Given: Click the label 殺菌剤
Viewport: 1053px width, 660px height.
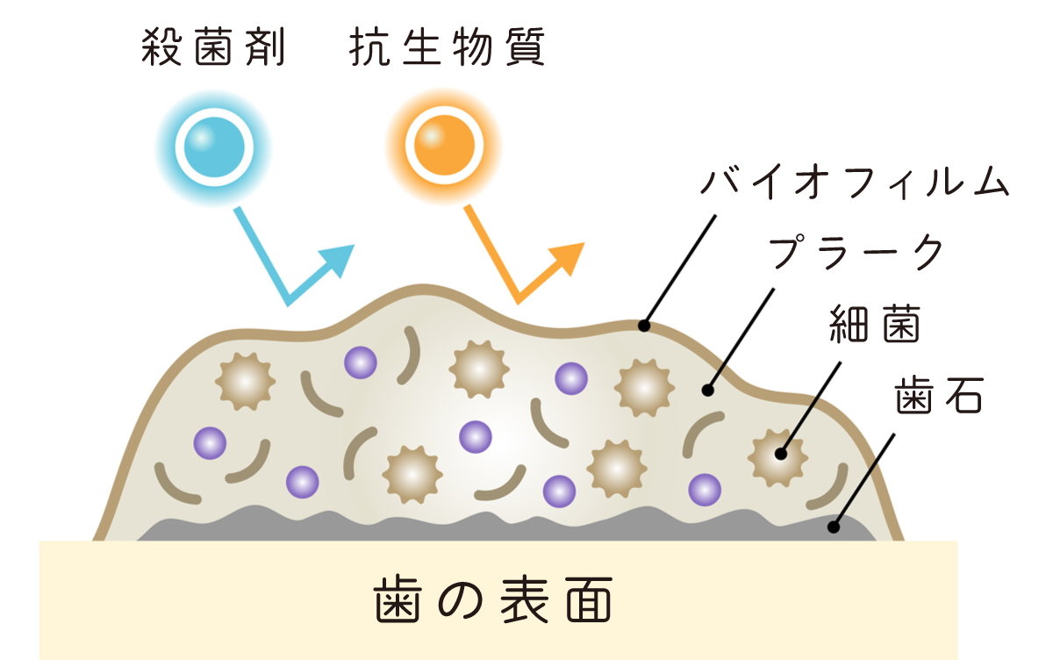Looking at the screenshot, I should (x=213, y=49).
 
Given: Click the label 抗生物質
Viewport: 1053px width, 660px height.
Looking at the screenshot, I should (x=447, y=49).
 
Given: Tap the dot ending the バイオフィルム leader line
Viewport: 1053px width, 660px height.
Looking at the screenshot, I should (x=644, y=326).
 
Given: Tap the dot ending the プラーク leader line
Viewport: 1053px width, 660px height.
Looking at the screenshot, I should (x=708, y=389).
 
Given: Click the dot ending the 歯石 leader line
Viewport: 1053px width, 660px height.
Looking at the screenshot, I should (x=833, y=527).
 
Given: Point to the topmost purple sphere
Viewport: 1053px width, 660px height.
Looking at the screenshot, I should (x=360, y=362).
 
